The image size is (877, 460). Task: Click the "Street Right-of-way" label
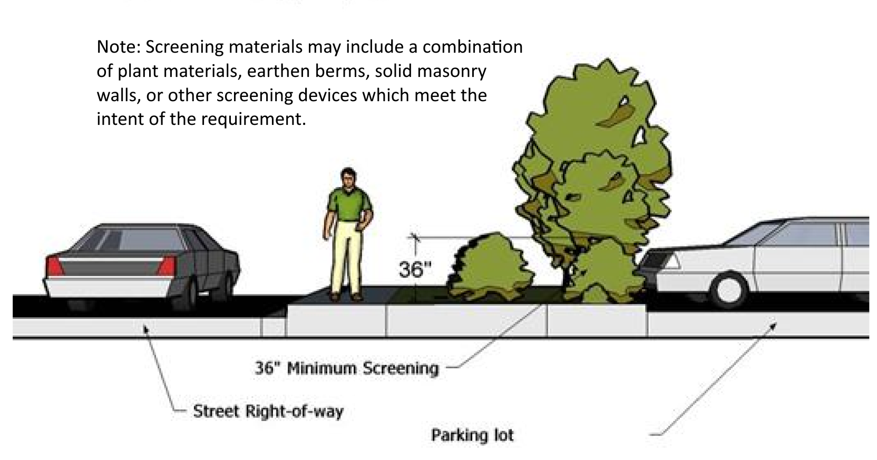(x=268, y=411)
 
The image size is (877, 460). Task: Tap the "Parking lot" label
(x=472, y=435)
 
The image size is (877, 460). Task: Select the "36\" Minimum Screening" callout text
(x=346, y=368)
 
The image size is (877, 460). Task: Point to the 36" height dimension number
(x=411, y=270)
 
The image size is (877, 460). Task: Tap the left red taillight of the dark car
(x=54, y=266)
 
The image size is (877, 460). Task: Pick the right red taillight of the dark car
(x=168, y=266)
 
